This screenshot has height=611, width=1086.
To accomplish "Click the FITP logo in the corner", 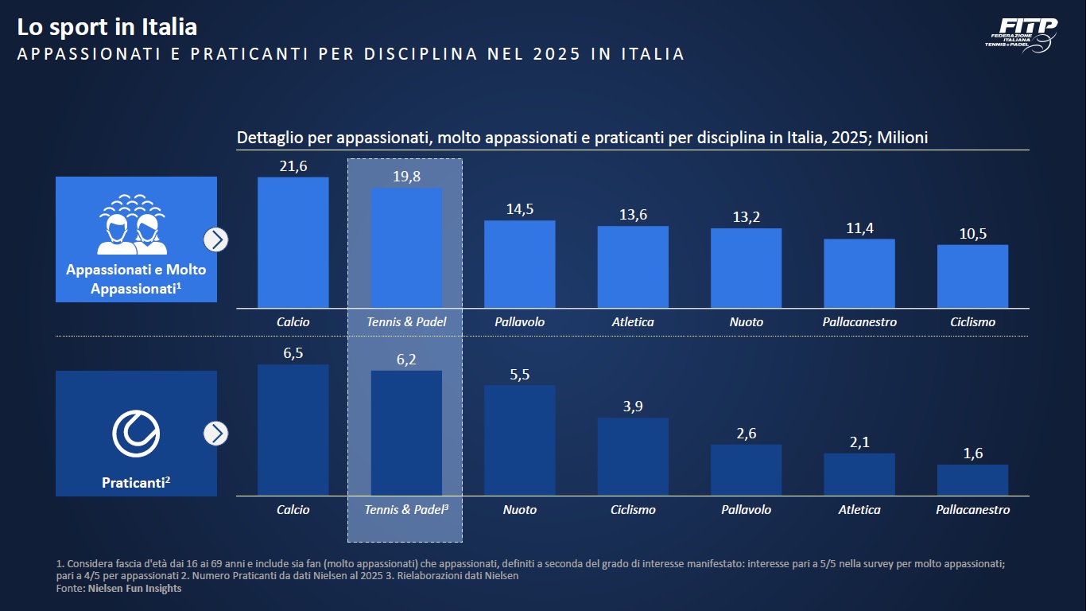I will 1025,33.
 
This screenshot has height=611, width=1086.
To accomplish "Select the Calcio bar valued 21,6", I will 293,243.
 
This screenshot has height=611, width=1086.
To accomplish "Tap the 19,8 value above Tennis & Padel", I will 406,177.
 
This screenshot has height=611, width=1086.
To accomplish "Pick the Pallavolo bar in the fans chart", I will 520,264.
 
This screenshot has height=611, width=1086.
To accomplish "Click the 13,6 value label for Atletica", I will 633,215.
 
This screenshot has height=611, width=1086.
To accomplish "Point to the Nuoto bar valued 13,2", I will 746,268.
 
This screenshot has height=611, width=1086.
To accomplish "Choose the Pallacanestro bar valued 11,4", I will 859,274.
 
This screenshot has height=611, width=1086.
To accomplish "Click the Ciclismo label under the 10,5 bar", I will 972,322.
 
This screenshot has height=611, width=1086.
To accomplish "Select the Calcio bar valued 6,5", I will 293,430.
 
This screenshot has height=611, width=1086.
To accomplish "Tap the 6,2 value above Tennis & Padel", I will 406,360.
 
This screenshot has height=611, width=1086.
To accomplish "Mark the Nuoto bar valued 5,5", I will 520,441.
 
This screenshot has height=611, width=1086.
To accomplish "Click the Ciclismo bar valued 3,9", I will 633,457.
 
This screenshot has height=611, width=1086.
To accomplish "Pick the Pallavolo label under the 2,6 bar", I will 746,509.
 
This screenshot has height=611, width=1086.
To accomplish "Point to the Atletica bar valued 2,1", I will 859,474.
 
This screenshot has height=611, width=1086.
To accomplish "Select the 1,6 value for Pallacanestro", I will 972,453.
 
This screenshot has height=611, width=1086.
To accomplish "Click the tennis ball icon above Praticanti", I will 136,434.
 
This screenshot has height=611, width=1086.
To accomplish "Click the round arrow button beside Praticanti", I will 215,434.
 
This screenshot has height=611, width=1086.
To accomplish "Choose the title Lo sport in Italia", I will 107,27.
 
